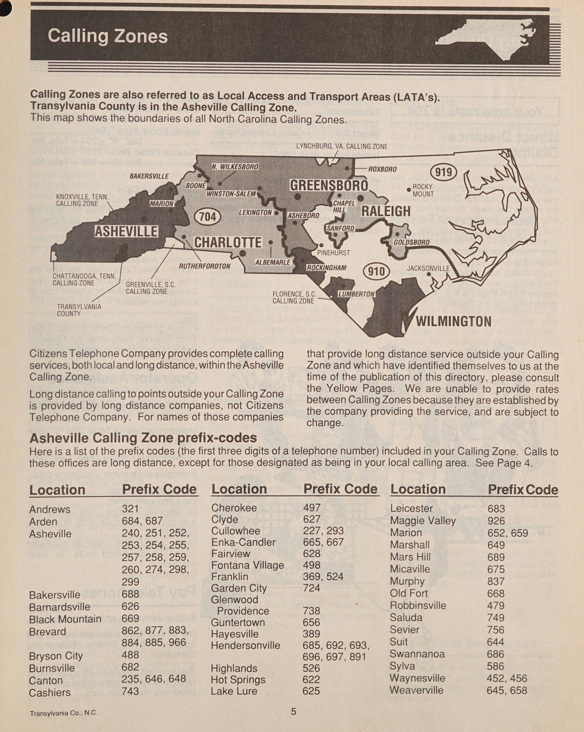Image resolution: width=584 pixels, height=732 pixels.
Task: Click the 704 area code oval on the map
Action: pos(207,216)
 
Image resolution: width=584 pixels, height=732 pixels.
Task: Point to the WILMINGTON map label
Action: pos(453,321)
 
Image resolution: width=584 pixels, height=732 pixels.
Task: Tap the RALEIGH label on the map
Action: pos(386,211)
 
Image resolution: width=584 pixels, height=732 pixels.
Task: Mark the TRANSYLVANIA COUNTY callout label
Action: pos(79,310)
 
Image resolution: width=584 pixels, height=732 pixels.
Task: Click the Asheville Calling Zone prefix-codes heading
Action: pos(143,438)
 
